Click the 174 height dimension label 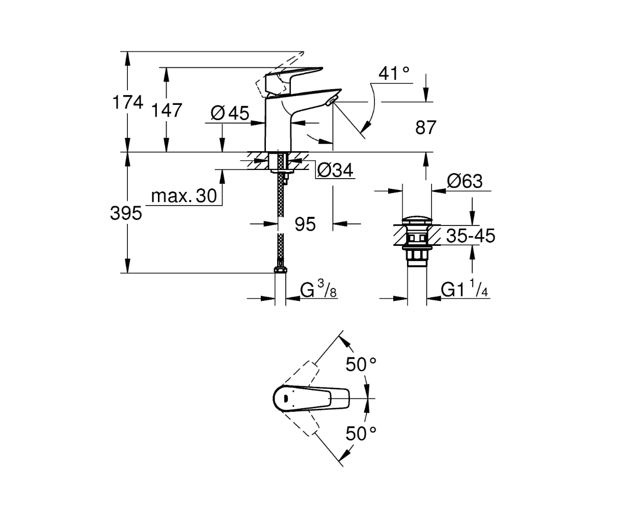coord(128,103)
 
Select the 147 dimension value coord(167,111)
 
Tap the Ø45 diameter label coord(230,113)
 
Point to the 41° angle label coord(394,73)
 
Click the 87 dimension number coord(426,128)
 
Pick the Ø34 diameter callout coord(335,171)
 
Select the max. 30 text coord(184,195)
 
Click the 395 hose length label coord(126,213)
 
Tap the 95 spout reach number coord(305,224)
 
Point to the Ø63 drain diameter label coord(465,181)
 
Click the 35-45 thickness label coord(471,236)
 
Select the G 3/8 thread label coord(318,289)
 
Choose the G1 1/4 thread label coord(464,289)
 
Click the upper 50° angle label coord(361,364)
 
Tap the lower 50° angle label coord(361,434)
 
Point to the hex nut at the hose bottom coord(280,269)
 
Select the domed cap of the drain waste coord(417,220)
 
